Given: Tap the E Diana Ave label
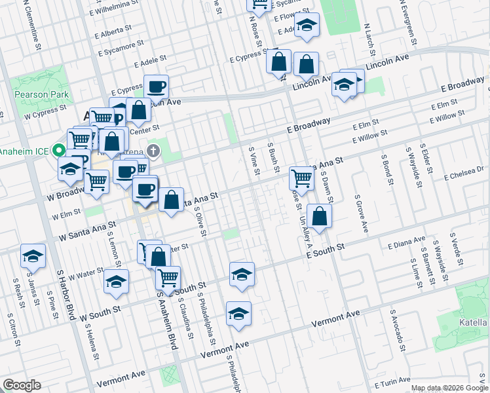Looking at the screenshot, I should pos(406,244).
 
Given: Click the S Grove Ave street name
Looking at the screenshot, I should pos(360,214).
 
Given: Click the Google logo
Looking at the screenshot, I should pos(22,385).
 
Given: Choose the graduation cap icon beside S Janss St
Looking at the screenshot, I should pos(33,255).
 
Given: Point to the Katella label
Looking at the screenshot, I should pos(476,322).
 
